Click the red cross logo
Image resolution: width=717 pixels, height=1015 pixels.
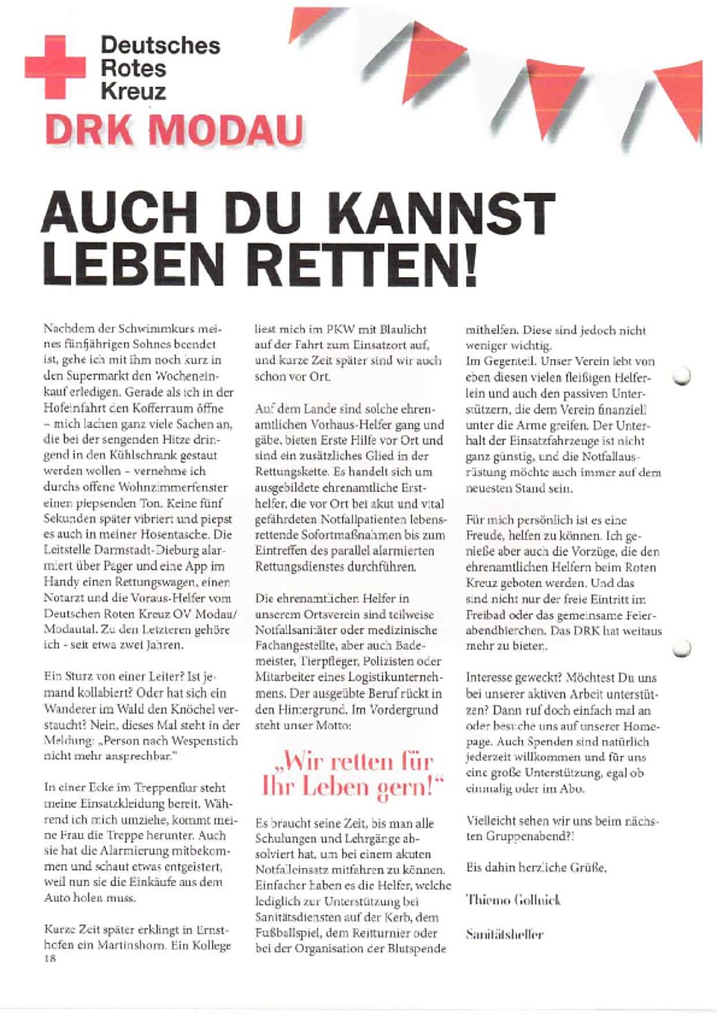click(x=55, y=67)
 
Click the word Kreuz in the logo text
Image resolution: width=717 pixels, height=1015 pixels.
click(x=134, y=92)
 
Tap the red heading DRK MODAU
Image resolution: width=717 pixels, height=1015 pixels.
click(x=175, y=130)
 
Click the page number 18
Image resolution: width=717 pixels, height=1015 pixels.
click(x=49, y=958)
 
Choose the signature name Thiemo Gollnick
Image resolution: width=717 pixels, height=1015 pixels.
click(x=512, y=900)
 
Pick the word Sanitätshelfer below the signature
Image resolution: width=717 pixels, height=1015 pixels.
click(x=504, y=934)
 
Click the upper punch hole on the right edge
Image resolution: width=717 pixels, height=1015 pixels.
click(x=681, y=376)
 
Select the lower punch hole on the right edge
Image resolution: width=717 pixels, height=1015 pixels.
click(x=681, y=648)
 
